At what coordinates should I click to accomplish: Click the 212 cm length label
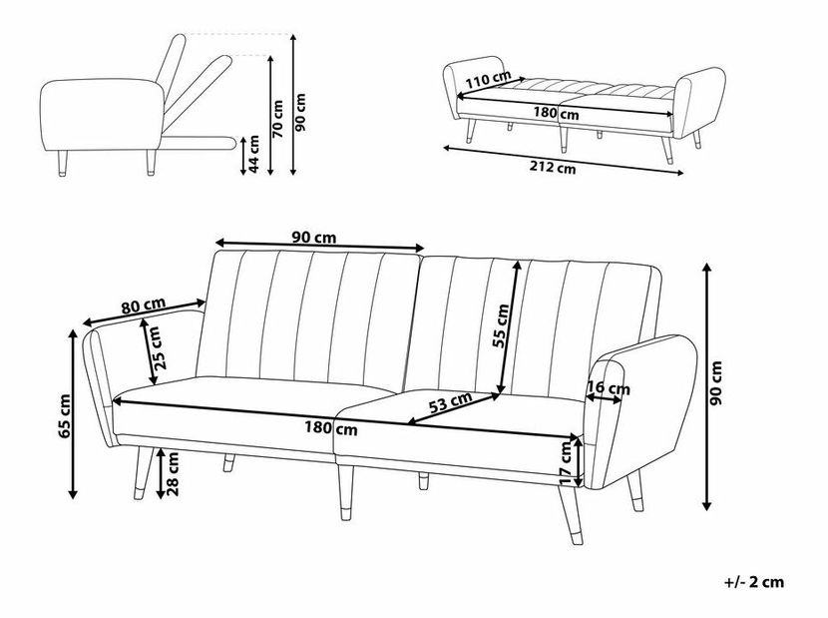coord(553,168)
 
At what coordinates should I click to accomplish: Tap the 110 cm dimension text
coord(488,80)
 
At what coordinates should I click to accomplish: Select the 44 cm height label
coord(253,154)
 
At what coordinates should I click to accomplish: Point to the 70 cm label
coord(278,119)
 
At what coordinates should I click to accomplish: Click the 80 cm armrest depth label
coord(143,307)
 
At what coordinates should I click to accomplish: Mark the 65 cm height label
coord(65,416)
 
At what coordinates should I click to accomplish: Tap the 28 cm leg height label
coord(173,473)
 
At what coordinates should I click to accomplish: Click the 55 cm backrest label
coord(500,326)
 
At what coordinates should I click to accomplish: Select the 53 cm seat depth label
coord(450,403)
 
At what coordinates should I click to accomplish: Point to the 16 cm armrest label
coord(609,388)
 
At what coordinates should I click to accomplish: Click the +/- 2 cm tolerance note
coord(754,583)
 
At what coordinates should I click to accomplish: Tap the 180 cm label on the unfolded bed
coord(556,114)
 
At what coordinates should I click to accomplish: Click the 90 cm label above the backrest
coord(313,238)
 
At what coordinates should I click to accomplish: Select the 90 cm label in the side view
coord(301,113)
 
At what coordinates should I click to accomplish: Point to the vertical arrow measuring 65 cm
coord(74,414)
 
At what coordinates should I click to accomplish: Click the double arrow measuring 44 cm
coord(242,156)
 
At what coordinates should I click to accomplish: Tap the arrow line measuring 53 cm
coord(454,408)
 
